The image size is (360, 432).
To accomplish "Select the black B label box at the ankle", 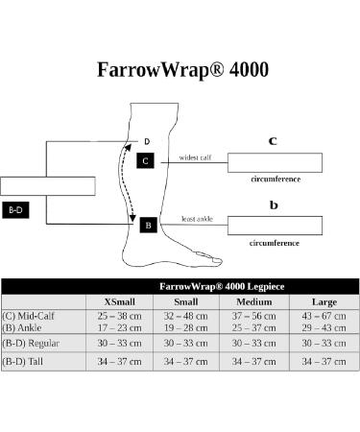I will [147, 225].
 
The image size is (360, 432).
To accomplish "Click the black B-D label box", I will [16, 208].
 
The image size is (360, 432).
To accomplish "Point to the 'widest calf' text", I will [196, 157].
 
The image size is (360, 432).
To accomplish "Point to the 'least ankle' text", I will [197, 220].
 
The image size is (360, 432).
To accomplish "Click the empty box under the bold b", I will [276, 225].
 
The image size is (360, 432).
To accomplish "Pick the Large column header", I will [304, 301].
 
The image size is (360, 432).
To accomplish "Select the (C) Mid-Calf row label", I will [29, 315].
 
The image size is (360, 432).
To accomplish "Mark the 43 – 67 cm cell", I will [304, 315].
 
